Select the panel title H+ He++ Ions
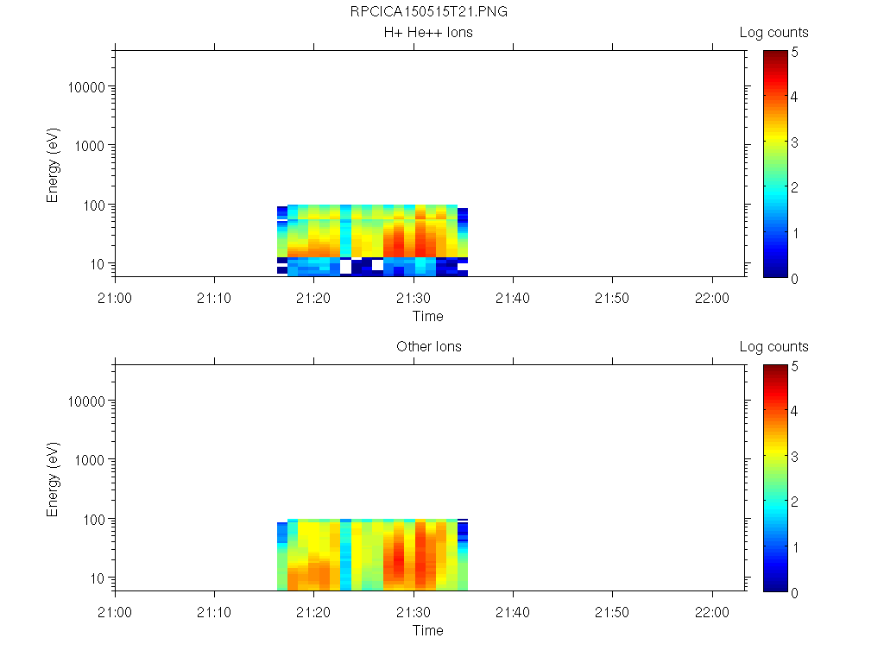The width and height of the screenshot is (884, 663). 428,33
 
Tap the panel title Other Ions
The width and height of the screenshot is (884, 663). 428,347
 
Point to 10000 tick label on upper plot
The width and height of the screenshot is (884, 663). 86,88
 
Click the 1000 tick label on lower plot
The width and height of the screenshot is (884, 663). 90,460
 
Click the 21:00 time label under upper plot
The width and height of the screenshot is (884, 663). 115,298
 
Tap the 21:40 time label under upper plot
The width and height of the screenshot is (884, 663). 513,298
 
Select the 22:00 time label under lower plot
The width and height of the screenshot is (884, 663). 711,612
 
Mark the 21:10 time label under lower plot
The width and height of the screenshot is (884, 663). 214,612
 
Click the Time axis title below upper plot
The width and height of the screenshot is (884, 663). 428,316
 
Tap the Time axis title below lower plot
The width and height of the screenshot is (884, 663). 428,630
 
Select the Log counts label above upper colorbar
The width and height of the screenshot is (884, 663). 773,33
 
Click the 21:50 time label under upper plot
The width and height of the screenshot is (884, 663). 612,298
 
